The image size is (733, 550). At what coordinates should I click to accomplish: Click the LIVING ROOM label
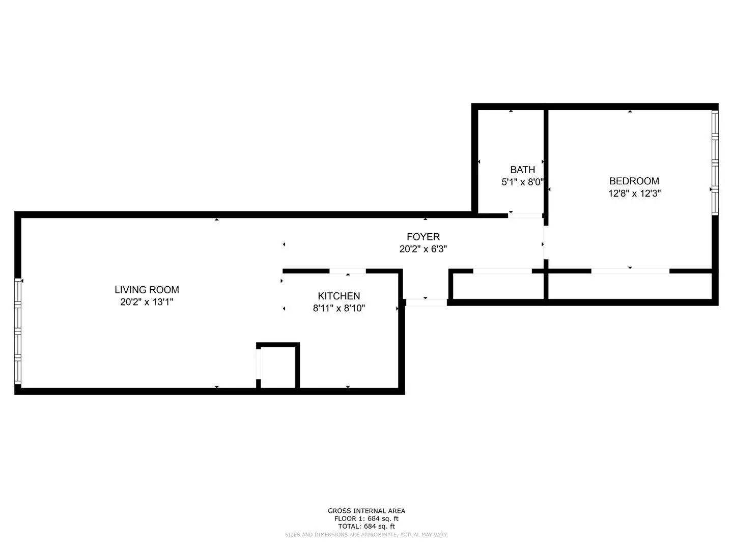click(147, 290)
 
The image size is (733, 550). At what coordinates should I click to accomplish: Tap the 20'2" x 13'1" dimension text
click(147, 302)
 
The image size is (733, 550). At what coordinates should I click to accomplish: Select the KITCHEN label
click(339, 296)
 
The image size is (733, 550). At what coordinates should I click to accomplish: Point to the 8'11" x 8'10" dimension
click(339, 308)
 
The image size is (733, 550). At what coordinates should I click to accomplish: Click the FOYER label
click(423, 237)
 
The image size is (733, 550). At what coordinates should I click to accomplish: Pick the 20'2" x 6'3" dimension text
click(423, 249)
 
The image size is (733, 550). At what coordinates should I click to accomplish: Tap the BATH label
click(523, 170)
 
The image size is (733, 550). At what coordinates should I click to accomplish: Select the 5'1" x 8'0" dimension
click(523, 182)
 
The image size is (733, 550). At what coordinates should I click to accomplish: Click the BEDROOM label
click(634, 181)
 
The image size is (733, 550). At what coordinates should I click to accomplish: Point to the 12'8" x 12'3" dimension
click(634, 194)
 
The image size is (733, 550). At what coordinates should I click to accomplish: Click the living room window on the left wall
click(18, 332)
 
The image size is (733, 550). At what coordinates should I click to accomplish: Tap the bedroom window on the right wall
click(715, 162)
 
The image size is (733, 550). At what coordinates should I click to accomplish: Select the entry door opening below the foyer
click(426, 302)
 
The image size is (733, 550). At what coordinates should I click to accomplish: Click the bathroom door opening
click(525, 215)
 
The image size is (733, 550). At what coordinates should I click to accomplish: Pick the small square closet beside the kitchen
click(278, 366)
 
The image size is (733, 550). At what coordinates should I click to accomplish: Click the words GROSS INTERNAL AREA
click(366, 511)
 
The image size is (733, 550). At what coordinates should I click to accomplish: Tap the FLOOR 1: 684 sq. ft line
click(366, 518)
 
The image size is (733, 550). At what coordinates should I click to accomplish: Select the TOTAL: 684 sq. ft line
click(366, 526)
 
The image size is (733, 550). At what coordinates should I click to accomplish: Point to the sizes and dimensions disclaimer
click(366, 535)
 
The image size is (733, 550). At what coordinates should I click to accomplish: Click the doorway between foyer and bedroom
click(544, 243)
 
